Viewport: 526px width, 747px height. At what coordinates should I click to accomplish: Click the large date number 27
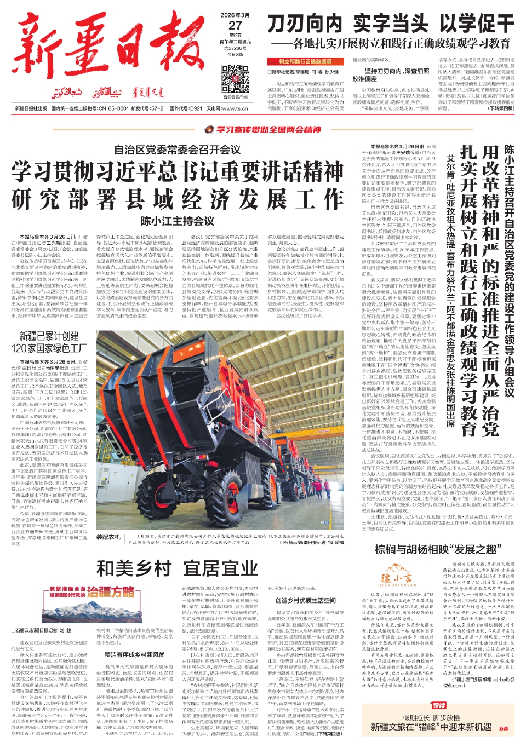(235, 25)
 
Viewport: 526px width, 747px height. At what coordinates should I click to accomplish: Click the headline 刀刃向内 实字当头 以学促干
(391, 24)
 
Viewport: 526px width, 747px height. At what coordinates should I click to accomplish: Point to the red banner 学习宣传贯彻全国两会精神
(263, 130)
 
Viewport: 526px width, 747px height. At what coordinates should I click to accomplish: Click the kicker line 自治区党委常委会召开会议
(178, 150)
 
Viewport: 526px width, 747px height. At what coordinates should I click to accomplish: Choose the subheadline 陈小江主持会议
(177, 221)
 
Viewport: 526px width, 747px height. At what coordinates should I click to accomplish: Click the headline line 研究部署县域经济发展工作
(178, 199)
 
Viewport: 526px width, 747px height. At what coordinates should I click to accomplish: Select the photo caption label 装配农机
(108, 537)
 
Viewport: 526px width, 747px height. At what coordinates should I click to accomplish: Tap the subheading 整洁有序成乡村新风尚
(135, 654)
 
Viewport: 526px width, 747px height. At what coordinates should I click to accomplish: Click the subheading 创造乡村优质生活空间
(306, 600)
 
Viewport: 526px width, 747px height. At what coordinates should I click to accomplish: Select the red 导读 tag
(438, 705)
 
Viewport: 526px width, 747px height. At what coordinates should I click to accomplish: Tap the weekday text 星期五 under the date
(235, 36)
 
